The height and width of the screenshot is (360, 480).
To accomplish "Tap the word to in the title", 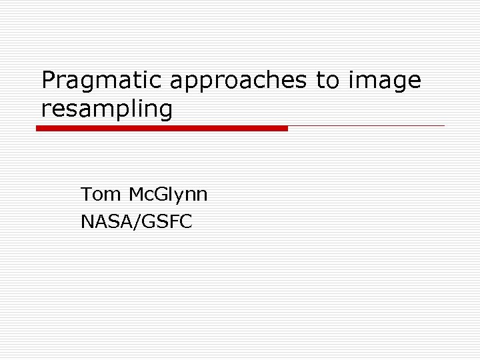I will tap(327, 81).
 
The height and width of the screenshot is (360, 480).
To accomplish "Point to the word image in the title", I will tap(384, 81).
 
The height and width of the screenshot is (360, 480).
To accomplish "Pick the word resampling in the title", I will tap(107, 108).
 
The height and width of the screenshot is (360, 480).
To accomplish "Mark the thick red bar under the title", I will tap(162, 128).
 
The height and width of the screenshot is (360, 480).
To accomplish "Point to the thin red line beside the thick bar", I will tap(366, 125).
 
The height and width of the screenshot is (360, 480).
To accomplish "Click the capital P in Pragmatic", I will tap(48, 81).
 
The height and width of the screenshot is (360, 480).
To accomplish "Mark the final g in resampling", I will tap(165, 110).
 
